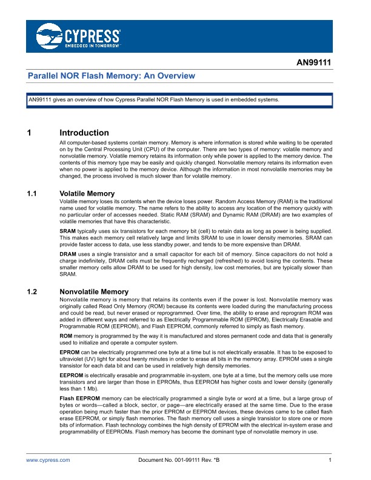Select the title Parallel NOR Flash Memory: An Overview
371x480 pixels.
point(112,76)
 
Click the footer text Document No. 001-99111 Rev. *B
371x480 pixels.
point(179,461)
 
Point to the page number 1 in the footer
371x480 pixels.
point(329,461)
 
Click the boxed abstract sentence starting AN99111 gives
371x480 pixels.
point(154,100)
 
